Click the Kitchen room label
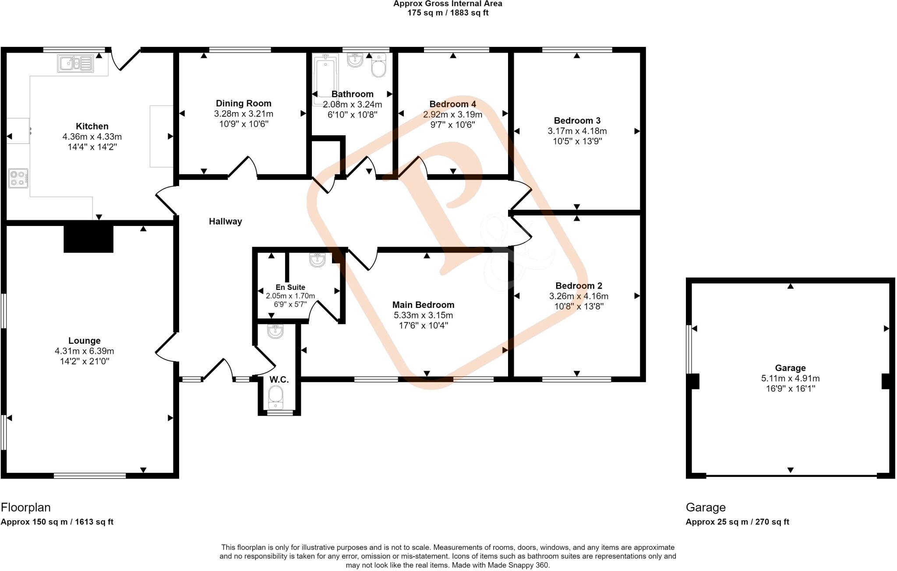pos(92,127)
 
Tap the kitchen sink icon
pos(75,63)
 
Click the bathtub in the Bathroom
pos(325,79)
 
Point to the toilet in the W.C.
pos(275,395)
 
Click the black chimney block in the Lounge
pos(88,239)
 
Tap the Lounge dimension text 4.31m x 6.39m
pos(85,351)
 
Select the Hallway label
pos(225,222)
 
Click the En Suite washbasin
pos(317,260)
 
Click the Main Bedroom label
pos(423,305)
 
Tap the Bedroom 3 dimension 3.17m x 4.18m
pos(577,131)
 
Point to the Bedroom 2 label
pos(579,286)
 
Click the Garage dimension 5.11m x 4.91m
pos(790,378)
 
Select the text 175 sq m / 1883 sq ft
pos(448,13)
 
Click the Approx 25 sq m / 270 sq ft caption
pos(737,522)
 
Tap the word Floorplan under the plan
pos(26,508)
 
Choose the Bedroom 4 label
pos(452,104)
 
